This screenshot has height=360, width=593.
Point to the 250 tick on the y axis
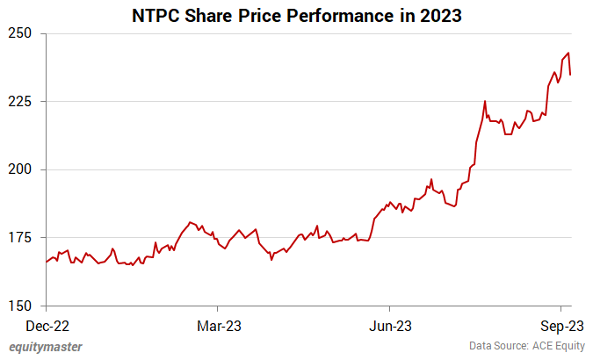click(21, 33)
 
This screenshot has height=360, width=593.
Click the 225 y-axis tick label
click(21, 101)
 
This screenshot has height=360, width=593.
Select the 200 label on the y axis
click(21, 169)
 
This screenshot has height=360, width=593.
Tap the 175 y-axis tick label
click(21, 238)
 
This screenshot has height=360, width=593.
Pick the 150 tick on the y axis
click(21, 306)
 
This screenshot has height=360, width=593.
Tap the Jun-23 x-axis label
click(389, 325)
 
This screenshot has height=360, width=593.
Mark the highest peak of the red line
click(568, 53)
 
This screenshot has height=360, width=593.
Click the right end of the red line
click(570, 75)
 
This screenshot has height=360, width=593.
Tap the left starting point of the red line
click(46, 262)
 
